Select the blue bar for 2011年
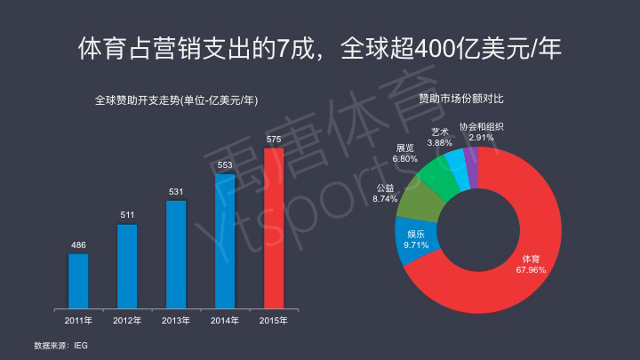[x=78, y=280]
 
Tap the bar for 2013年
[x=176, y=253]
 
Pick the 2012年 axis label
[x=127, y=320]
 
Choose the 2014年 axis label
[x=225, y=320]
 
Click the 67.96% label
[x=530, y=269]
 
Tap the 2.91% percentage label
[x=481, y=138]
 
